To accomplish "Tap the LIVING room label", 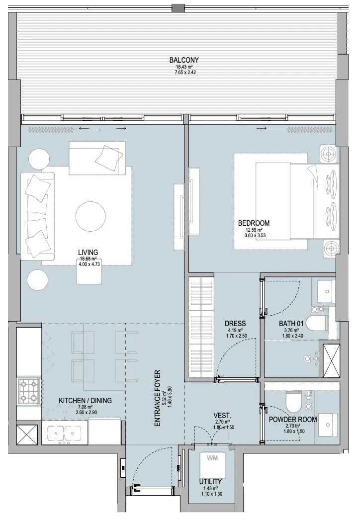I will point(88,252).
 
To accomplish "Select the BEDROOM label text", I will point(254,223).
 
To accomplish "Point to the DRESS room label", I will point(236,323).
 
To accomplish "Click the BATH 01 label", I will point(291,323).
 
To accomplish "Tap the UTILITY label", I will point(211,482).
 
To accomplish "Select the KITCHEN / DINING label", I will point(85,400).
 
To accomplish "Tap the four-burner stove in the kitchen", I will point(29,391).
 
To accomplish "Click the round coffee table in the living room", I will point(90,216).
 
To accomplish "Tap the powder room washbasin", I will point(327,426).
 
